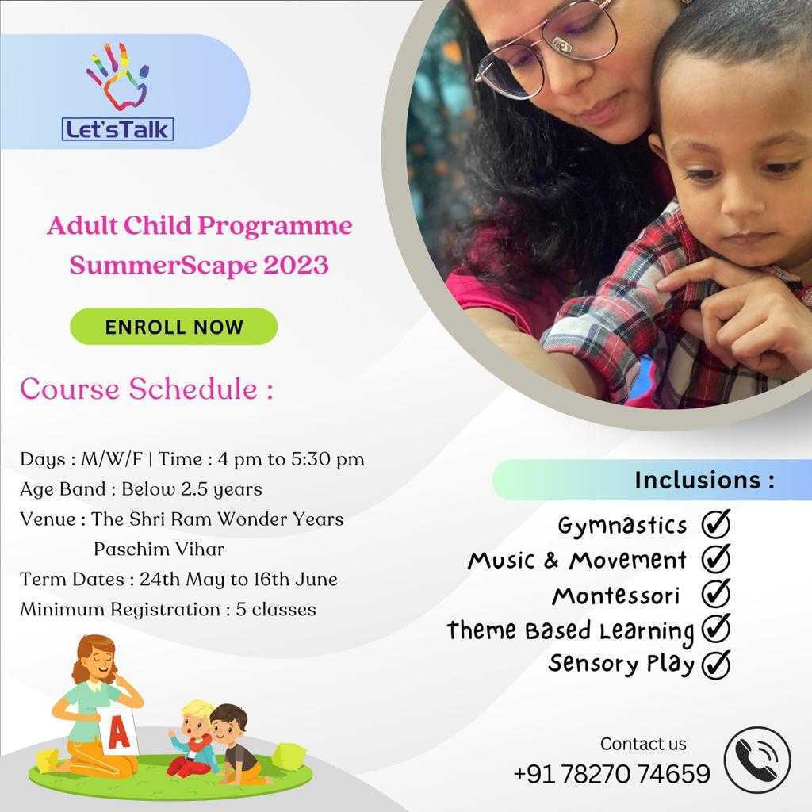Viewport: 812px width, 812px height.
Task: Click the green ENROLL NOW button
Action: (174, 326)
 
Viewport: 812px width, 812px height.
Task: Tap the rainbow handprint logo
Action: (117, 77)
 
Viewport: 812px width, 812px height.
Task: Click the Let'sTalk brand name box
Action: (117, 129)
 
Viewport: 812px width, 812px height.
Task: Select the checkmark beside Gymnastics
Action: (716, 524)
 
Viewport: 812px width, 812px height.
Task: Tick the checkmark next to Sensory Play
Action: (716, 664)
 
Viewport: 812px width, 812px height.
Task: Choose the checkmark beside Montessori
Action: (716, 593)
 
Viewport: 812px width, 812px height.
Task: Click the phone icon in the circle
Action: (757, 760)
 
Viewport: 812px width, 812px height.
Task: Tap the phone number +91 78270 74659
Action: (611, 774)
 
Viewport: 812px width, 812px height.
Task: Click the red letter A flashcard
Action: (119, 730)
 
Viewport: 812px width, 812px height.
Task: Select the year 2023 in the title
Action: (297, 265)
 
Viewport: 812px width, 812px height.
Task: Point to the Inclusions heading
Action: (705, 480)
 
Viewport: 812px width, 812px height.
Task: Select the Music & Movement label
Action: (577, 560)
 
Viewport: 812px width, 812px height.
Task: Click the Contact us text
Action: (643, 744)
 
